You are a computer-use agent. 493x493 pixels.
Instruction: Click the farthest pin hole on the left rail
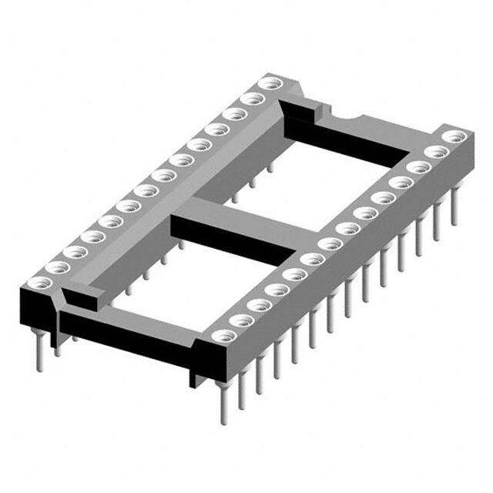click(x=269, y=84)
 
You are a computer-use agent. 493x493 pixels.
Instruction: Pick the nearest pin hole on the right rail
click(x=223, y=336)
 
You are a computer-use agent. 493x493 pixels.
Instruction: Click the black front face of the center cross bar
click(x=231, y=238)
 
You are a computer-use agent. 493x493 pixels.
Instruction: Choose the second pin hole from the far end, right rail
click(x=438, y=152)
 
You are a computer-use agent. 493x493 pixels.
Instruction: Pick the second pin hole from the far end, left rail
click(x=250, y=99)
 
